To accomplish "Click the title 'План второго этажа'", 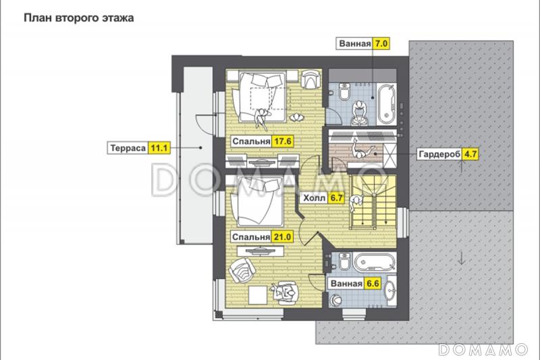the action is click(x=78, y=18).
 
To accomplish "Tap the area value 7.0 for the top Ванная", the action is click(x=381, y=43).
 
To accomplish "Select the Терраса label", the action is click(x=128, y=148).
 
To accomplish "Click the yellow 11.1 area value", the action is click(x=159, y=148).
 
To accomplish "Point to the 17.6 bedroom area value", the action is click(x=283, y=141).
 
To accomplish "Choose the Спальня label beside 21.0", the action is click(x=250, y=237).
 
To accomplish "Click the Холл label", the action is click(x=314, y=198).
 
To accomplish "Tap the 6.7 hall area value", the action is click(x=336, y=198).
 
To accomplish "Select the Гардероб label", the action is click(x=439, y=155).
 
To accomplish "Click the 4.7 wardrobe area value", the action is click(x=470, y=154).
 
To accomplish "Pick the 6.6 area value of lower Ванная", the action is click(x=373, y=284).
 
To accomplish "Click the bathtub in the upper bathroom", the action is click(x=386, y=103).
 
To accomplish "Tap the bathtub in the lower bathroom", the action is click(x=375, y=263).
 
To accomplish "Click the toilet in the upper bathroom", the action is click(x=344, y=91).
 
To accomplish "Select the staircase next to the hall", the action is click(x=373, y=202).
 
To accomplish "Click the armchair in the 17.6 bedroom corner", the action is click(x=311, y=79).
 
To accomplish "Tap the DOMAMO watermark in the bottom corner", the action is click(x=483, y=349).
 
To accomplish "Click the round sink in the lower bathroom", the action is click(x=391, y=291).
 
